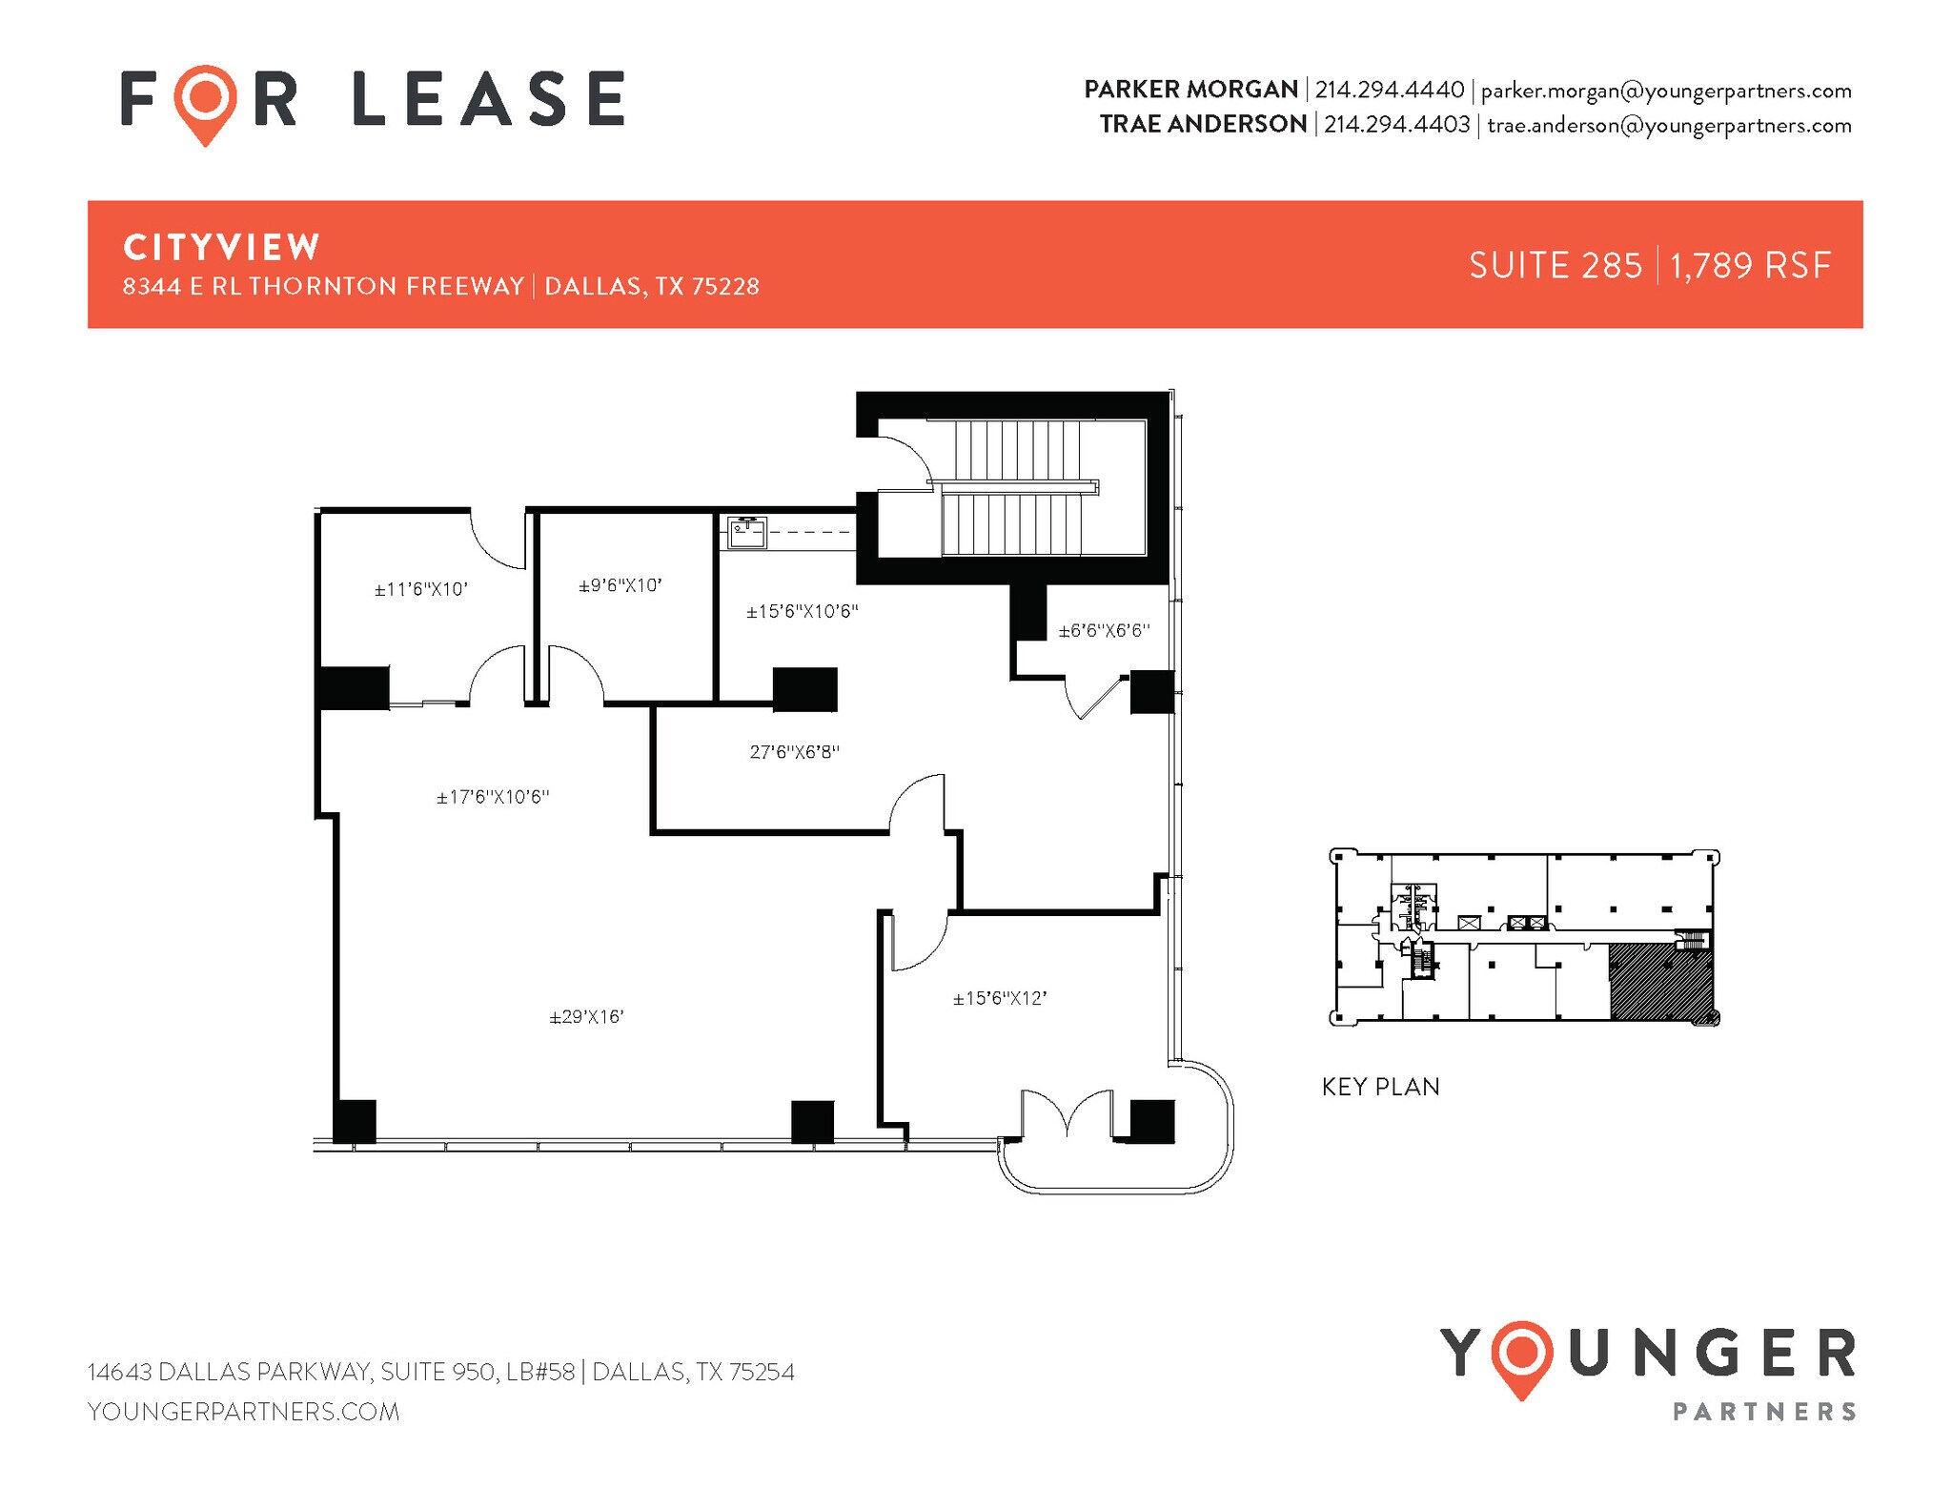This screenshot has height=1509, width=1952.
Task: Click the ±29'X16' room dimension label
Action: point(586,1017)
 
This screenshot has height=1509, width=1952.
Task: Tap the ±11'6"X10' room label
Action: point(420,589)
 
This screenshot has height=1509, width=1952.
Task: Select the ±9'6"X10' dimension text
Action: point(620,585)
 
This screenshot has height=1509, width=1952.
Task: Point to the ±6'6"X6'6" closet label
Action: point(1104,630)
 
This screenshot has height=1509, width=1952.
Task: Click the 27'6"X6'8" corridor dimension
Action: point(794,752)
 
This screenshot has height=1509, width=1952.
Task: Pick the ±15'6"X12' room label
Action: point(1000,998)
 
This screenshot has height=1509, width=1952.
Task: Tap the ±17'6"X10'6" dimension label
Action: point(493,797)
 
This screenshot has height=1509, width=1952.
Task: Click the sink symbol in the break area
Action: point(747,532)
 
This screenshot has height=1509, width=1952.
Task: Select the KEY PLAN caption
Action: point(1380,1087)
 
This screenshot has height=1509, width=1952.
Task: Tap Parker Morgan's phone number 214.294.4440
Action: point(1390,90)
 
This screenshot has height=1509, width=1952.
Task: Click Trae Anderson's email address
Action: point(1669,125)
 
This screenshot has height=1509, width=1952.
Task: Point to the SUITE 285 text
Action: point(1555,265)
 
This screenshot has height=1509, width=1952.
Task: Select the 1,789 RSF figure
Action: point(1750,265)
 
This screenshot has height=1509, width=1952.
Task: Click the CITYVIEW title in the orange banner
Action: point(221,247)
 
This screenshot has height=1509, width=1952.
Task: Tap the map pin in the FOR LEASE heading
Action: point(206,100)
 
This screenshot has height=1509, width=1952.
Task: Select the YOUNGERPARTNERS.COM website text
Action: point(243,1411)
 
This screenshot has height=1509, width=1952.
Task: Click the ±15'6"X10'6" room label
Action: point(802,611)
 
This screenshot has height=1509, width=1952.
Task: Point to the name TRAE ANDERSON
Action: point(1203,124)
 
